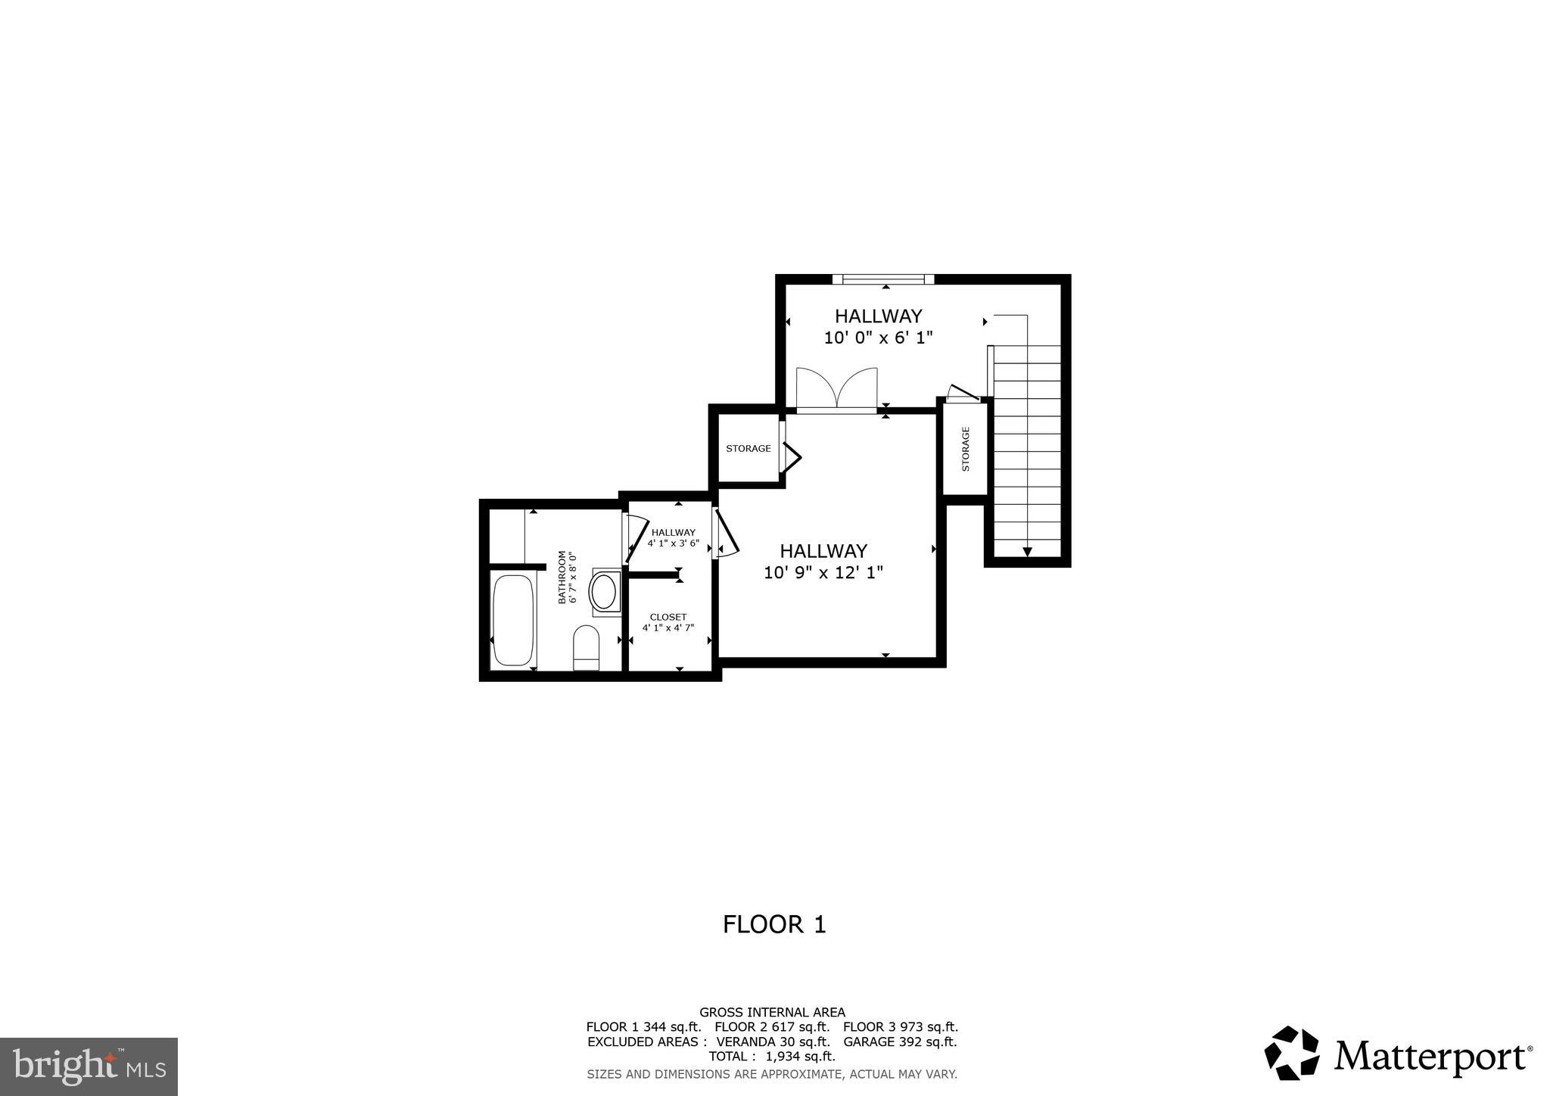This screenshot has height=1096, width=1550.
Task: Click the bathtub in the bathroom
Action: [x=514, y=620]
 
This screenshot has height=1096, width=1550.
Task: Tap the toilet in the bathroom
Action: [x=587, y=647]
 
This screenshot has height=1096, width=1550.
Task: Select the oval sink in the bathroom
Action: [x=604, y=592]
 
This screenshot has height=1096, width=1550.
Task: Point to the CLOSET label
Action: [x=668, y=618]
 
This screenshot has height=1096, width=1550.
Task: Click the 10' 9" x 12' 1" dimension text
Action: [x=823, y=573]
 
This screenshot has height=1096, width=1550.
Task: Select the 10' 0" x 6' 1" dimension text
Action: [x=878, y=338]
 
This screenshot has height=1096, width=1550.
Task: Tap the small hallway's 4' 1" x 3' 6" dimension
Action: [x=674, y=543]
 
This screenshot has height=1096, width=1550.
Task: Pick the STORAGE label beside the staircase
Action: [x=966, y=449]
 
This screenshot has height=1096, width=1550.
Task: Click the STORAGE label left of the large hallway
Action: [x=749, y=449]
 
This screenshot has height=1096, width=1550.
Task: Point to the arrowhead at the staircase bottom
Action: [x=1027, y=552]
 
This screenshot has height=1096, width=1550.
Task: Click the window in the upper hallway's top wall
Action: [x=883, y=279]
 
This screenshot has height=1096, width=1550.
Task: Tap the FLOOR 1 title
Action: [x=774, y=925]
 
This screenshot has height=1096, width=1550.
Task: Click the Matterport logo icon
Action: [x=1291, y=1053]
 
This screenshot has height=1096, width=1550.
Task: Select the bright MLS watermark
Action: [x=89, y=1066]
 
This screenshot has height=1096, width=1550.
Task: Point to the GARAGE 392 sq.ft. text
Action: [x=900, y=1042]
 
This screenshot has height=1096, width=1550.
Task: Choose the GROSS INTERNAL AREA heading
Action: [x=772, y=1012]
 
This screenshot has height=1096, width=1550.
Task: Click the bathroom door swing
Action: [x=636, y=538]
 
